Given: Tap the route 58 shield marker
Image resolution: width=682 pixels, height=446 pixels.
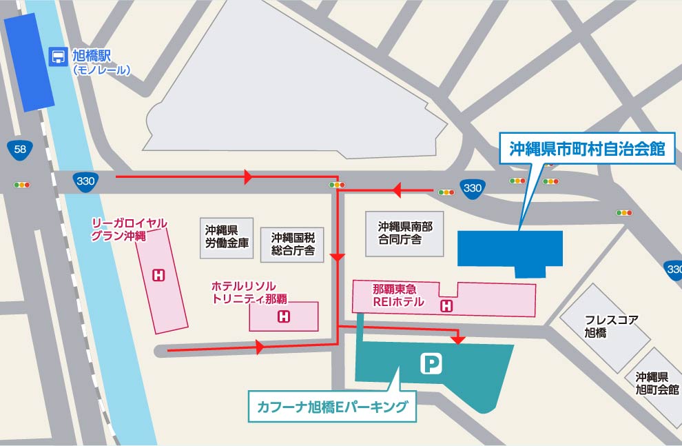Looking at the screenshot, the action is tap(20, 149).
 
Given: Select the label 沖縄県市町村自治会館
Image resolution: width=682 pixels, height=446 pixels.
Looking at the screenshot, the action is tap(587, 149).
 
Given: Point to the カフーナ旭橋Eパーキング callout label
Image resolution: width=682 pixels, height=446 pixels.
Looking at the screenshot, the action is tap(332, 406).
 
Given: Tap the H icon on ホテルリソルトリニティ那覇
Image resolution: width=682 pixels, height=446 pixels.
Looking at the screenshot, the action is tap(282, 317).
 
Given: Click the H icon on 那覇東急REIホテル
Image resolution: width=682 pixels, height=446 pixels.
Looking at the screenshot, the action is tap(447, 305).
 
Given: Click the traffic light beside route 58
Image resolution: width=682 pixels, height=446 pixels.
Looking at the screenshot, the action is tap(22, 185).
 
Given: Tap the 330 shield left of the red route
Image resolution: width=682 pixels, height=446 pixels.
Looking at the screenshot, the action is tap(86, 181).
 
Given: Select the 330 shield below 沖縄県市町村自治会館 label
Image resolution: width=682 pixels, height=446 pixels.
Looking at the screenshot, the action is tap(472, 188).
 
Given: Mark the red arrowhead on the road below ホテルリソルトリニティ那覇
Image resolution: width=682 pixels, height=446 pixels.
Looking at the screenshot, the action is tap(260, 347).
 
